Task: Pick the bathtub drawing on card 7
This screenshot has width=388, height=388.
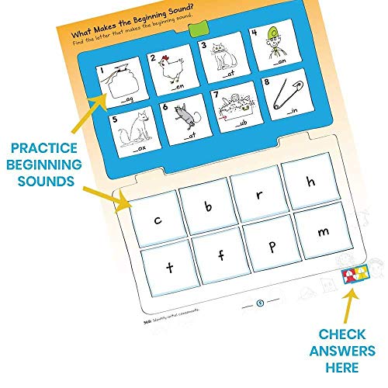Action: [233, 110]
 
